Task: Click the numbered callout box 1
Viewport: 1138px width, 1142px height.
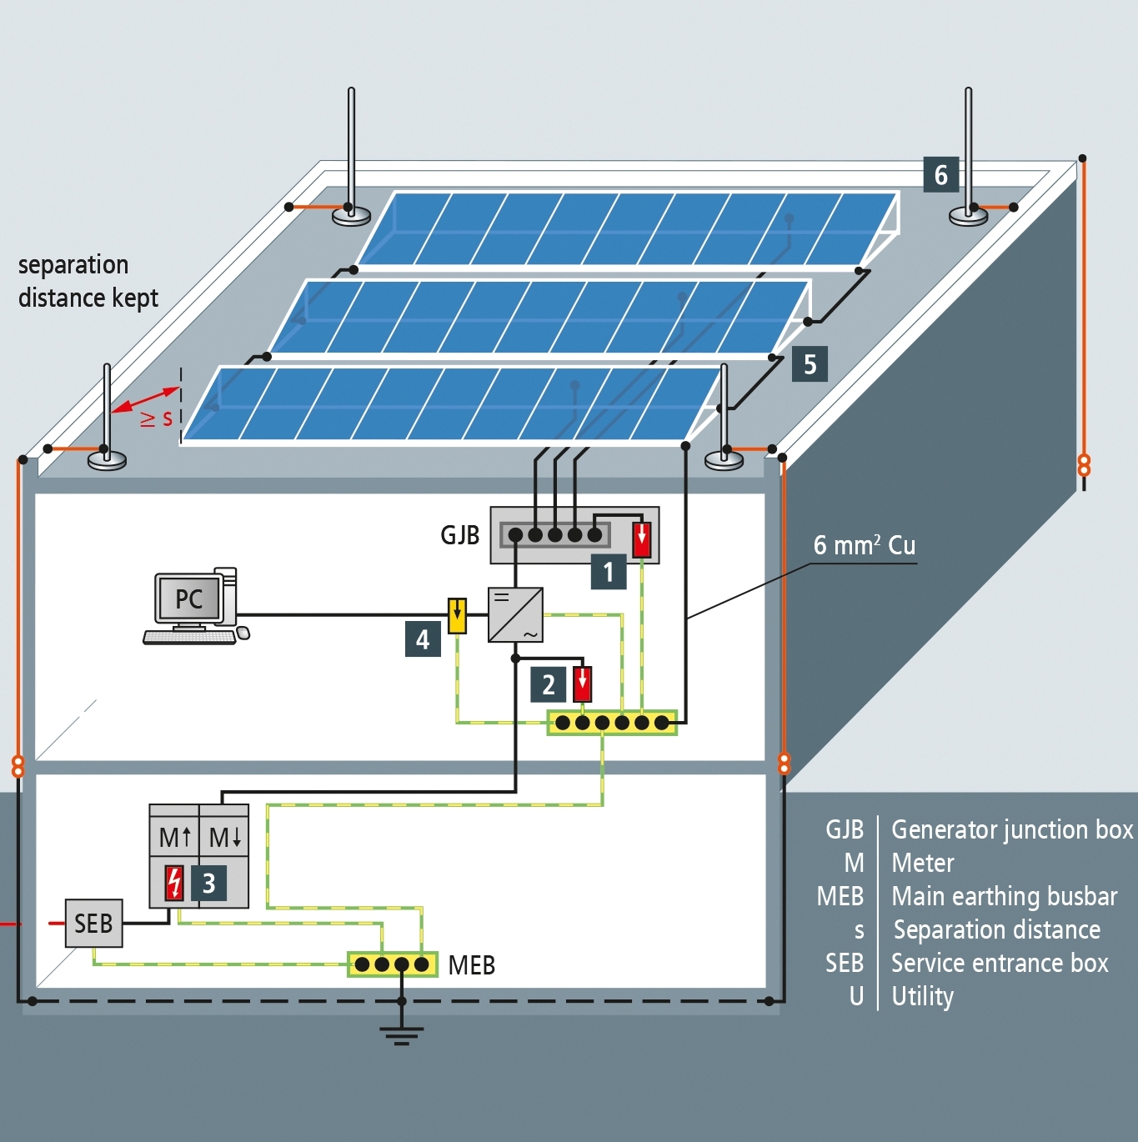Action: point(609,572)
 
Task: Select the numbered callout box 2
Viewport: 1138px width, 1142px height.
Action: point(548,684)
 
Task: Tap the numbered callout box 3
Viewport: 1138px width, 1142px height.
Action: point(208,883)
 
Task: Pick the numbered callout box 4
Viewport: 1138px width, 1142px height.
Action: point(423,639)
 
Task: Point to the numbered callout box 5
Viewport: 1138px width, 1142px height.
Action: point(810,364)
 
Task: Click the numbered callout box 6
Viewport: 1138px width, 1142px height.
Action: point(940,175)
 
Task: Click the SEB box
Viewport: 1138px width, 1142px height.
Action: point(93,924)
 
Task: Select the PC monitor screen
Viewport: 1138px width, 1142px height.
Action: point(188,598)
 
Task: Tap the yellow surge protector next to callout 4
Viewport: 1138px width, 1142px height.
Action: point(457,616)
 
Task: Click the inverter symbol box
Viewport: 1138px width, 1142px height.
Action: point(515,615)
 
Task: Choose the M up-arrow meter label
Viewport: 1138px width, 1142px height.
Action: point(175,837)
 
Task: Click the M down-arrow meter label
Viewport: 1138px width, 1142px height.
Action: point(224,837)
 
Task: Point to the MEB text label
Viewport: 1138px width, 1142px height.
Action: point(471,965)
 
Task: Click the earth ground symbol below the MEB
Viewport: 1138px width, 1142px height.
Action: point(401,1034)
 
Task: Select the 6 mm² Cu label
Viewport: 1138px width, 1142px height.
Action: point(865,545)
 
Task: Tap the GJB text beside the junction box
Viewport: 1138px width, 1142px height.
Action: point(459,534)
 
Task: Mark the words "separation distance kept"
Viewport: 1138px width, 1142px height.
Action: point(88,281)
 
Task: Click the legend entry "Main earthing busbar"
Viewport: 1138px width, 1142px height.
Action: point(1004,896)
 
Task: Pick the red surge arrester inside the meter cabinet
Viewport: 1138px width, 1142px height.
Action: point(174,883)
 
